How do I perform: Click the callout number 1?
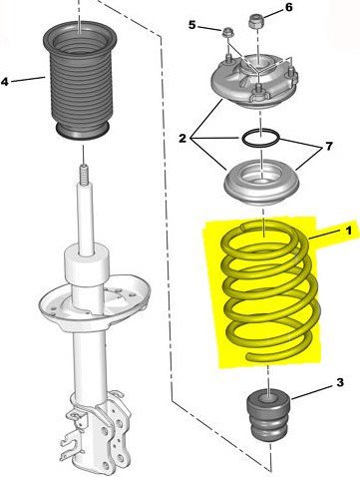348,231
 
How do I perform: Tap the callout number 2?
182,138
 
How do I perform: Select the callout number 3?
340,382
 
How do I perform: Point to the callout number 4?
5,82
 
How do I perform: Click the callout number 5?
192,25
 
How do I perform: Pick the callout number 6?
289,7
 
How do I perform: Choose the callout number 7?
328,146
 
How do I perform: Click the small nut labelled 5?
227,32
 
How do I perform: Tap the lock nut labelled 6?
256,21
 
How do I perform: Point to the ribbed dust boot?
81,80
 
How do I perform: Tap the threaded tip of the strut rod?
85,173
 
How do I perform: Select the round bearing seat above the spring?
262,183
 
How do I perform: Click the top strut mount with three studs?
255,81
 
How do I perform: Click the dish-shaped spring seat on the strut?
94,300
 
